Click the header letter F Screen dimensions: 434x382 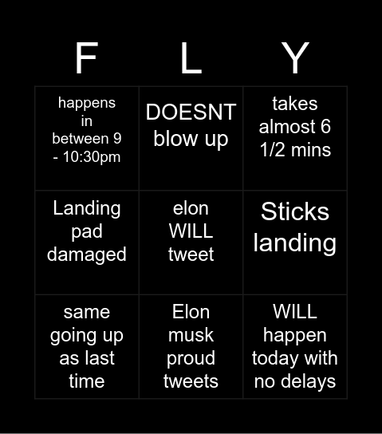86,58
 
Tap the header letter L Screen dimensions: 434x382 191,58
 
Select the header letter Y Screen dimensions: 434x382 295,58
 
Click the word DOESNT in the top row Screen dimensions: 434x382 191,112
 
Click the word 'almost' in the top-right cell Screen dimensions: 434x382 295,126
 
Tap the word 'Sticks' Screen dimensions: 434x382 295,211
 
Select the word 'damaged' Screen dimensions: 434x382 86,254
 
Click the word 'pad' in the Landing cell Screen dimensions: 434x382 86,231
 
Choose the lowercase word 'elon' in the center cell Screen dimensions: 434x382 191,208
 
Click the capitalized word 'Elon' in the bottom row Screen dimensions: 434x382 191,312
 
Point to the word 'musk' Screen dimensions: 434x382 191,335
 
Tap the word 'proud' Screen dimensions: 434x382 191,358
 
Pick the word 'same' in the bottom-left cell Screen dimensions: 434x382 86,312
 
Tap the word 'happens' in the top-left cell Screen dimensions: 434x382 86,103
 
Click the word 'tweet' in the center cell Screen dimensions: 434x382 191,254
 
